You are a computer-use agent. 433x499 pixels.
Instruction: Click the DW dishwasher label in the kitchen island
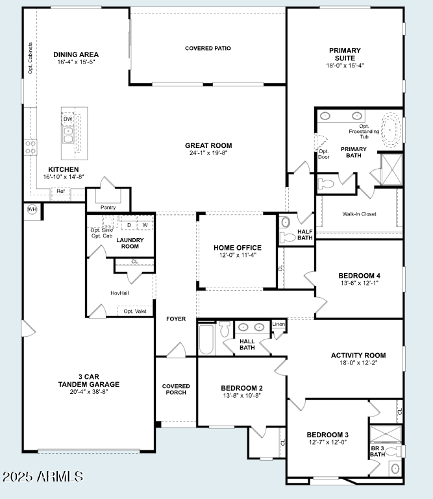(x=68, y=119)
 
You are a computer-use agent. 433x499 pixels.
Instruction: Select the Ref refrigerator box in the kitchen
(x=60, y=191)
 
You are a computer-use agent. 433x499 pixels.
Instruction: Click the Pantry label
(x=108, y=207)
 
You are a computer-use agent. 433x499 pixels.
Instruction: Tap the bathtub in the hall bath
(x=206, y=339)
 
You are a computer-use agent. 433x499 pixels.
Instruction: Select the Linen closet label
(x=278, y=324)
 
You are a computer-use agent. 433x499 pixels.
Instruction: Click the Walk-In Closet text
(x=359, y=214)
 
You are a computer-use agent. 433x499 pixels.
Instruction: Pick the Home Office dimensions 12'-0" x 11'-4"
(x=238, y=255)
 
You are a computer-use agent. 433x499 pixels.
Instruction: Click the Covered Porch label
(x=176, y=389)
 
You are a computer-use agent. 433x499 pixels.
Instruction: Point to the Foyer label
(x=176, y=319)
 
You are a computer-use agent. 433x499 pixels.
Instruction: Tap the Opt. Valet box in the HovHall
(x=135, y=311)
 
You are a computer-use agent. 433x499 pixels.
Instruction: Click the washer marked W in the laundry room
(x=145, y=225)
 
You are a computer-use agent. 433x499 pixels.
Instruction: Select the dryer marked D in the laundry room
(x=129, y=225)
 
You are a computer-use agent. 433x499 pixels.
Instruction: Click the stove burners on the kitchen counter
(x=31, y=147)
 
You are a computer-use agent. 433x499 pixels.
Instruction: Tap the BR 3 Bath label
(x=378, y=451)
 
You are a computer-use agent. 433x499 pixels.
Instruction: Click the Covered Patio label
(x=208, y=48)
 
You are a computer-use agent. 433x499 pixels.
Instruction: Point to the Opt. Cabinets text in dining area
(x=31, y=58)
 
